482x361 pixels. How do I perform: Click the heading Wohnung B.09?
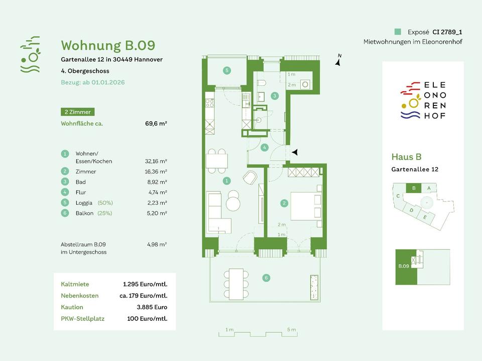[108, 46]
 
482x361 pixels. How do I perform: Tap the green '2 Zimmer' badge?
[77, 112]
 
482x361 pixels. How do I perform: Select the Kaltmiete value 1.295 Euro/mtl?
[145, 284]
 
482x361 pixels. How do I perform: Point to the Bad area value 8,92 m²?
[157, 182]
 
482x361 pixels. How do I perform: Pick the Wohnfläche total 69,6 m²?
[156, 123]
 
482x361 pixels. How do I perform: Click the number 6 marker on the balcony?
[266, 277]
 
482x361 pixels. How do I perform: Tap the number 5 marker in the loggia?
[227, 71]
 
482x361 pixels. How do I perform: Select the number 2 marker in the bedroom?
[284, 203]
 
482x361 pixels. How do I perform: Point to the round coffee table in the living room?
[233, 204]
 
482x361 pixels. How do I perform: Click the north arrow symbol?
[339, 61]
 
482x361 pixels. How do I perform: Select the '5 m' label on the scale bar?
[291, 330]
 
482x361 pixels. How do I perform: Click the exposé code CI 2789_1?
[447, 31]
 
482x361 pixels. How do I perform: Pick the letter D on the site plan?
[411, 210]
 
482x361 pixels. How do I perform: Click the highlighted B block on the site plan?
[413, 188]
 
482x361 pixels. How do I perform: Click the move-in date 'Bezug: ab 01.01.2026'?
[93, 82]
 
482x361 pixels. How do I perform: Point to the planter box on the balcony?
[315, 288]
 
